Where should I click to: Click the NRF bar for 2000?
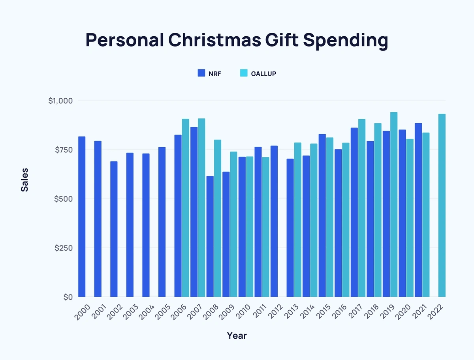coord(82,217)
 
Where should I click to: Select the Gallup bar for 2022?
coord(442,205)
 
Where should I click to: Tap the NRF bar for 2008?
coord(210,236)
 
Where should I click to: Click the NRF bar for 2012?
coord(274,221)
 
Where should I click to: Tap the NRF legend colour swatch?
coord(201,73)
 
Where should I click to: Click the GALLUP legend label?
coord(263,73)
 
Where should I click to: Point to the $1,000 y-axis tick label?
coord(60,101)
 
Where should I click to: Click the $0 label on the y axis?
coord(68,297)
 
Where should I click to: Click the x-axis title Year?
coord(237,336)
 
